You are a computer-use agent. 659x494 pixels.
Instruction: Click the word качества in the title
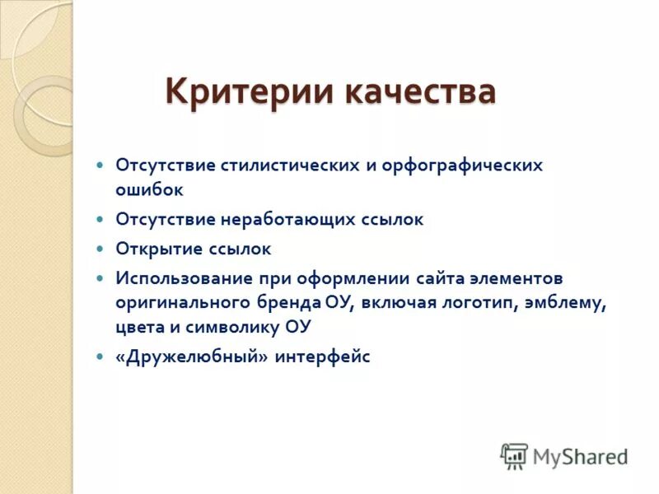click(420, 91)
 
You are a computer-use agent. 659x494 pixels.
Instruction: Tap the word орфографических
click(465, 165)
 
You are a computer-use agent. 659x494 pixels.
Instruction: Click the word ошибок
click(149, 189)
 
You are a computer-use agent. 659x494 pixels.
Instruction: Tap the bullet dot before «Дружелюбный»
click(100, 357)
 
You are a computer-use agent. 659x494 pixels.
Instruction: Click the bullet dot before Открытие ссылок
click(100, 249)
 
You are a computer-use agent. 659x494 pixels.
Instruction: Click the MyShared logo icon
click(514, 455)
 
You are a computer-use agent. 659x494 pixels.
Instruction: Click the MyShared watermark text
click(580, 456)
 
